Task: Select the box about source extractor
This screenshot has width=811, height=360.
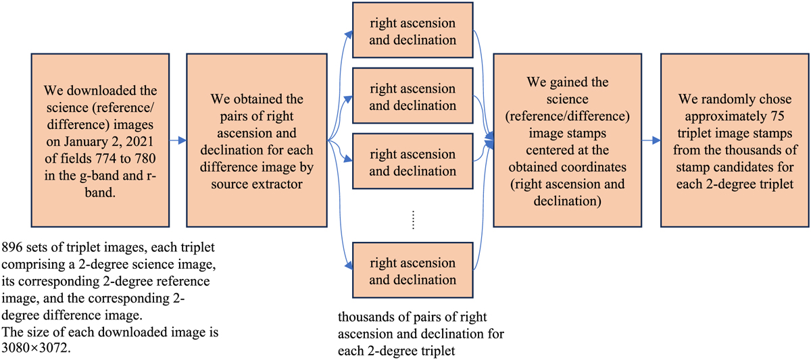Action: coord(257,140)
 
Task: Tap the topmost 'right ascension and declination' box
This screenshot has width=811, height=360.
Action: coord(412,31)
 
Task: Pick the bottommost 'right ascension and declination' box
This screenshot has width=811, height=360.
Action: coord(412,270)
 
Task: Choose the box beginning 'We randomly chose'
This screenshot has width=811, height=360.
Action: coord(735,140)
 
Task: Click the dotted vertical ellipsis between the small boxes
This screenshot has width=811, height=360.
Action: coord(414,220)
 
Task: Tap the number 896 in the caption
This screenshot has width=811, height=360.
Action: coord(14,247)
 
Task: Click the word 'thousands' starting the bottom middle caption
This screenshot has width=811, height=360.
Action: coord(362,317)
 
